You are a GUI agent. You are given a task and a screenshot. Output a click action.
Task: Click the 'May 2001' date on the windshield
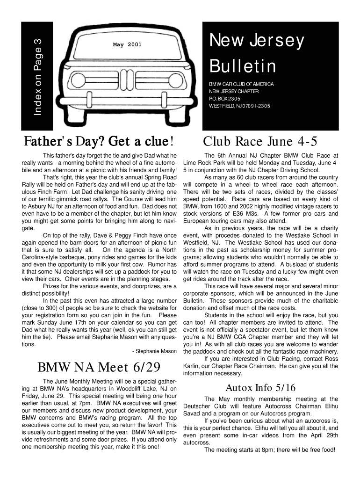[127, 45]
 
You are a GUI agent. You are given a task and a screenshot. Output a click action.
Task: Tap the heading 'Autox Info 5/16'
[260, 387]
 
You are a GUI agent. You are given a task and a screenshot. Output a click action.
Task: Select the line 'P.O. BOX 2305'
[224, 99]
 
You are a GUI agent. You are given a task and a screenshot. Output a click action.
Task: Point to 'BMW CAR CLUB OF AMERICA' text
[241, 84]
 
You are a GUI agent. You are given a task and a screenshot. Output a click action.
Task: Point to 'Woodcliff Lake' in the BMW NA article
[140, 388]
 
